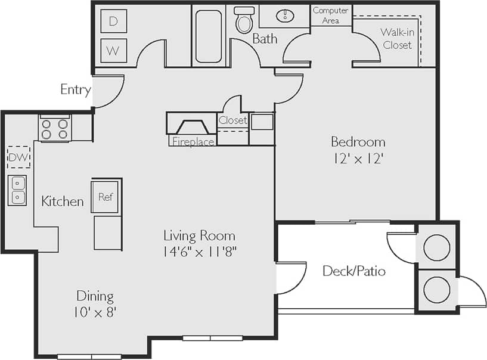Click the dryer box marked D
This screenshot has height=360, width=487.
tap(113, 21)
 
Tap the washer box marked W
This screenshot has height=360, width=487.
tap(113, 50)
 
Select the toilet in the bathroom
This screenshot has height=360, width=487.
tap(244, 21)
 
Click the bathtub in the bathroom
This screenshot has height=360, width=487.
tap(209, 36)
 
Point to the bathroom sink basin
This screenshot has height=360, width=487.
tap(284, 15)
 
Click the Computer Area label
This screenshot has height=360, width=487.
tap(331, 15)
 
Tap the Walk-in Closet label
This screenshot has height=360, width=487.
tap(398, 39)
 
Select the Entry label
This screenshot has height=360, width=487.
tap(76, 90)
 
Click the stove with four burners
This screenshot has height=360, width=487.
tap(55, 129)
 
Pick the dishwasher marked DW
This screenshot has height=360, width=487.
tap(18, 157)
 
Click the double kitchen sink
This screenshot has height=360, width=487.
tap(17, 190)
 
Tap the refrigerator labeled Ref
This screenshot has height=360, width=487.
tap(106, 197)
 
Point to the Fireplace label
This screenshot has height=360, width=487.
tap(193, 142)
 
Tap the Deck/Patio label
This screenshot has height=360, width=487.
tap(354, 271)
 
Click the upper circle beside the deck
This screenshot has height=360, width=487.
tap(436, 247)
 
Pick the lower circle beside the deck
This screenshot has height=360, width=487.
tap(436, 290)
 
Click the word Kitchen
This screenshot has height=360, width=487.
tap(63, 201)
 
